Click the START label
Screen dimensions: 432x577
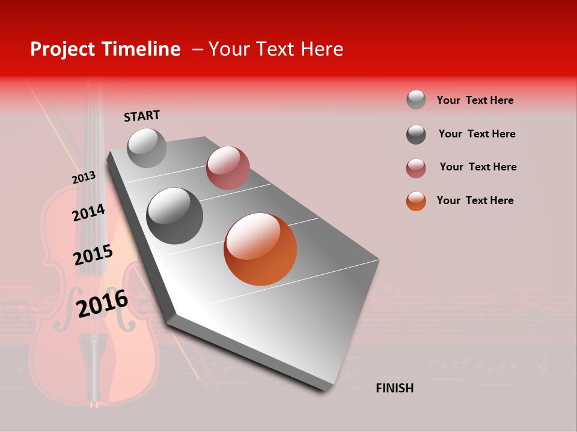pyautogui.click(x=142, y=116)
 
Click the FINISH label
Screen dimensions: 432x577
pyautogui.click(x=394, y=388)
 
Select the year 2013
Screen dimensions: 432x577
pyautogui.click(x=84, y=178)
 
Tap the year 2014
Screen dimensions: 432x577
pyautogui.click(x=88, y=213)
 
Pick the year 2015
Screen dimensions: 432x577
pyautogui.click(x=93, y=255)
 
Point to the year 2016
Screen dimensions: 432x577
pyautogui.click(x=102, y=304)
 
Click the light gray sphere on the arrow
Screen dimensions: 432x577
pyautogui.click(x=147, y=148)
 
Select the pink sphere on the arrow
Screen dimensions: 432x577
pyautogui.click(x=228, y=167)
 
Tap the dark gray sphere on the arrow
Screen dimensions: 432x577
pyautogui.click(x=175, y=216)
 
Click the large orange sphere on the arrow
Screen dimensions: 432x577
pyautogui.click(x=260, y=249)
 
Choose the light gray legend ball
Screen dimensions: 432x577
pyautogui.click(x=416, y=100)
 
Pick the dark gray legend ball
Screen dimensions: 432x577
pyautogui.click(x=416, y=134)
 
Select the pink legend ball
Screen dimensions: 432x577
pyautogui.click(x=416, y=168)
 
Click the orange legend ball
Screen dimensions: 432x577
pyautogui.click(x=416, y=201)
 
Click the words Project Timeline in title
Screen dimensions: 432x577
pyautogui.click(x=105, y=49)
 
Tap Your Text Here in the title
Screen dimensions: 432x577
pyautogui.click(x=275, y=49)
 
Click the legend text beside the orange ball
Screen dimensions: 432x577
pyautogui.click(x=475, y=200)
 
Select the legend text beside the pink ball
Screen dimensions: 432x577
pyautogui.click(x=478, y=167)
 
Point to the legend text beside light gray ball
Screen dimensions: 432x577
pyautogui.click(x=475, y=100)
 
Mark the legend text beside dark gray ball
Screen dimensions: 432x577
pyautogui.click(x=477, y=134)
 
